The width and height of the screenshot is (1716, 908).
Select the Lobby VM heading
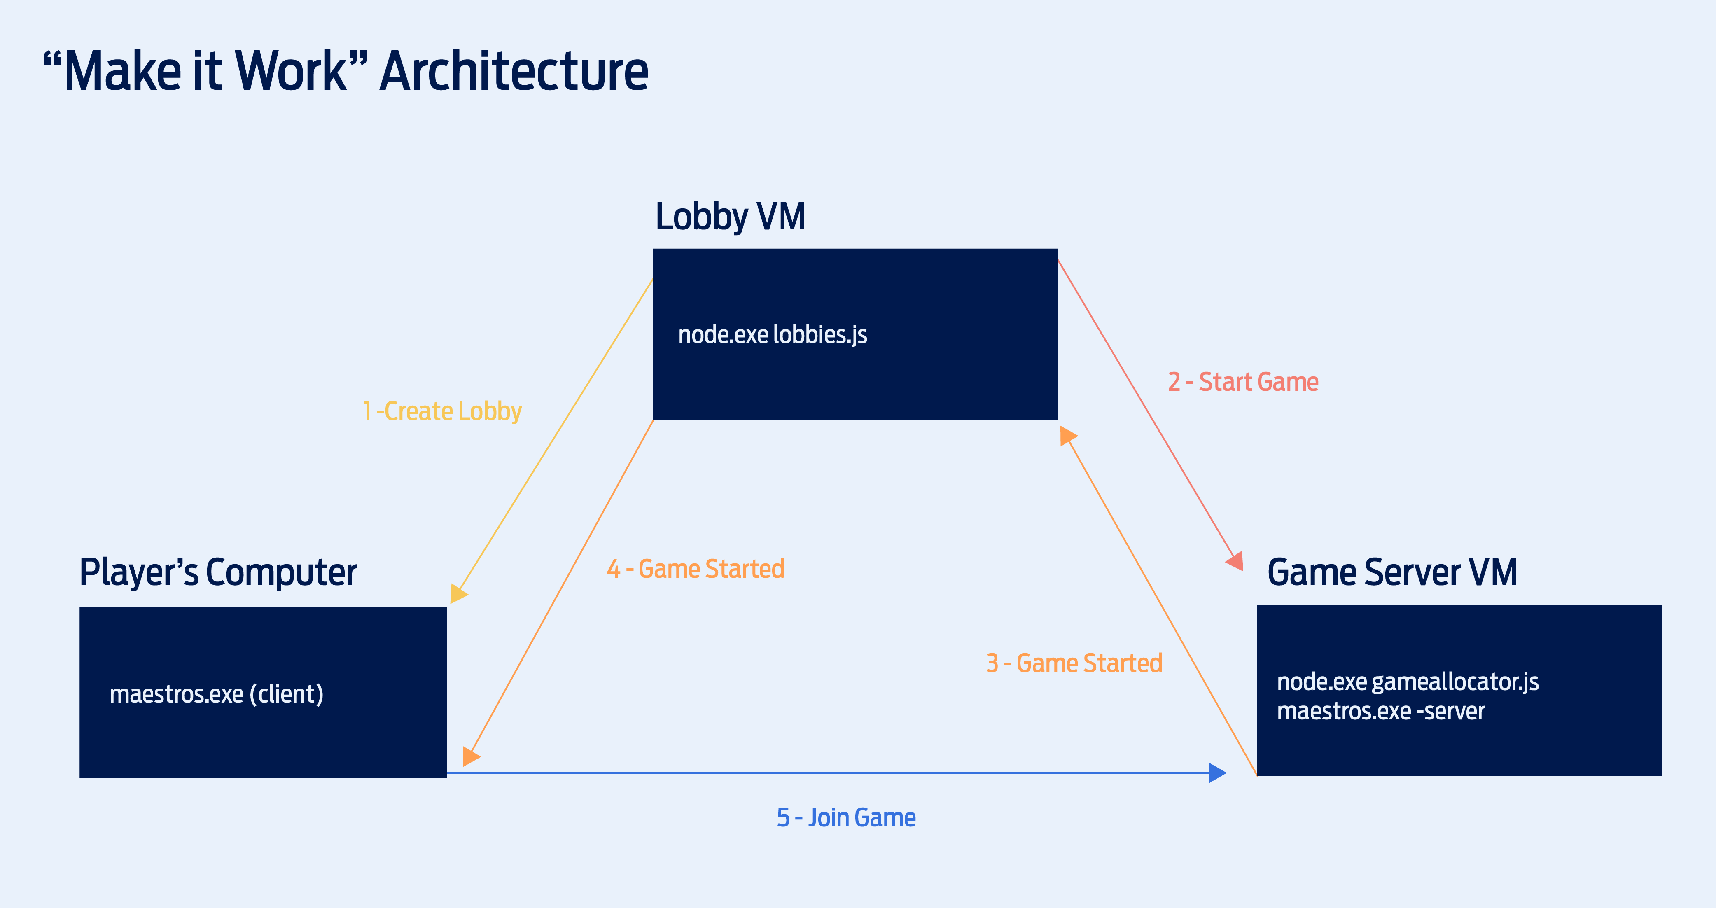pos(730,217)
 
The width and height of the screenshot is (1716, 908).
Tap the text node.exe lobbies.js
pos(772,334)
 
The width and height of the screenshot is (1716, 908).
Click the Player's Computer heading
pos(218,572)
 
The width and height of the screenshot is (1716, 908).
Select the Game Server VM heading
pos(1391,572)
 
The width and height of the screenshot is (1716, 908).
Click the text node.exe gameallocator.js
pos(1407,682)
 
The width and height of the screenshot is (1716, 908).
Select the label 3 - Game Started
pos(1074,663)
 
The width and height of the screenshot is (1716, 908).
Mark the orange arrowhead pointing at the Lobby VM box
pos(1067,436)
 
